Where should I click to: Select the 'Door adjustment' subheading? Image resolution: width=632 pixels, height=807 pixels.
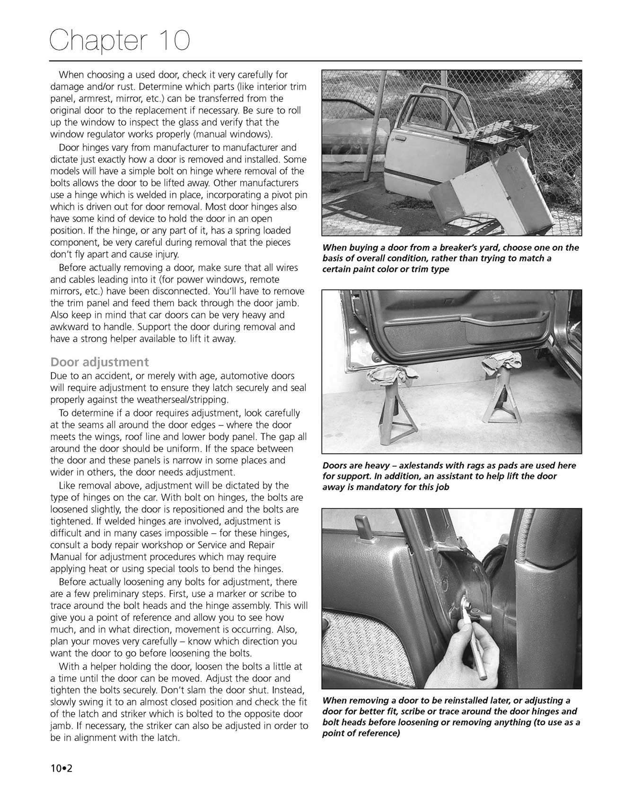99,362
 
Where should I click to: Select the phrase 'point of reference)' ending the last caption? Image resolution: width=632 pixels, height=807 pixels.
361,733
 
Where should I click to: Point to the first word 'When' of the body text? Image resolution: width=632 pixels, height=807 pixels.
70,75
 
